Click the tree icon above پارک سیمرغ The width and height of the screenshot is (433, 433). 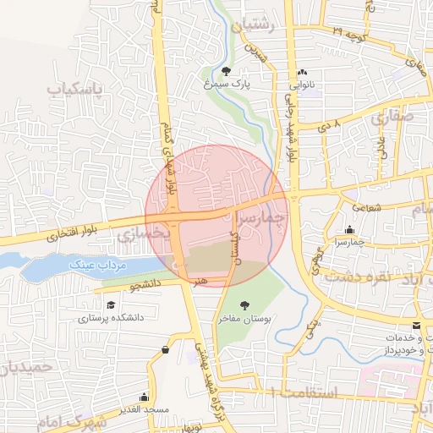click(x=227, y=71)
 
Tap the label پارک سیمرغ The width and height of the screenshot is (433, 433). click(x=225, y=85)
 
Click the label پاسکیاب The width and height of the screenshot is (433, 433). click(x=74, y=89)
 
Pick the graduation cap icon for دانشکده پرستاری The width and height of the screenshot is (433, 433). click(x=111, y=305)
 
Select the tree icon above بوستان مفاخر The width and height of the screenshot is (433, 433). click(x=244, y=305)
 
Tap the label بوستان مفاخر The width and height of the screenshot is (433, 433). click(x=244, y=319)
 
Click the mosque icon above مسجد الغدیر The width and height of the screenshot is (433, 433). click(x=145, y=397)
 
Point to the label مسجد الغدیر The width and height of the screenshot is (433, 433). click(x=145, y=410)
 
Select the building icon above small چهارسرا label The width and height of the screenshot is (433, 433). click(x=349, y=229)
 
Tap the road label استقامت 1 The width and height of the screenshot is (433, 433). click(x=305, y=392)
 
